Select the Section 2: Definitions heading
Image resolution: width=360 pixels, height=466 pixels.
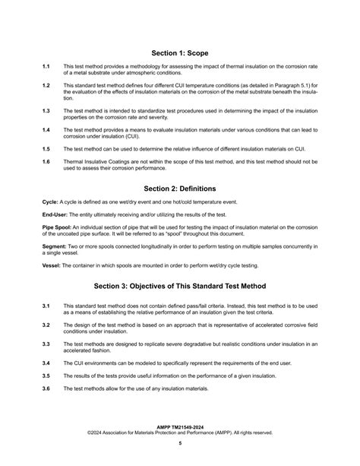click(180, 187)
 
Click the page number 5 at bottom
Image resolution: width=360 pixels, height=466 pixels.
click(180, 443)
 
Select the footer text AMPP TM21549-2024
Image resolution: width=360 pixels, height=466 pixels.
click(180, 427)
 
